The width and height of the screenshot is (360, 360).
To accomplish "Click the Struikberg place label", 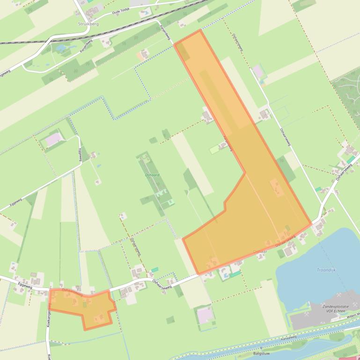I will pos(88,24).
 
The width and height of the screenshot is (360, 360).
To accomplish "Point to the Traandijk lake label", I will pos(326,270).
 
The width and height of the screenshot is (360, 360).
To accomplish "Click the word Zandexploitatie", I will pos(336,306).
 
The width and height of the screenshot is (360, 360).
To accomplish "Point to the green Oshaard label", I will pos(153,175).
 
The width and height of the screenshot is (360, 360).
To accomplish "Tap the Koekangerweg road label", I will pos(49,316).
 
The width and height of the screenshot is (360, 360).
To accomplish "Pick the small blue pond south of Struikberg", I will pos(61,48).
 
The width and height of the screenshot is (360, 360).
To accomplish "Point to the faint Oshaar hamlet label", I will pos(260,251).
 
